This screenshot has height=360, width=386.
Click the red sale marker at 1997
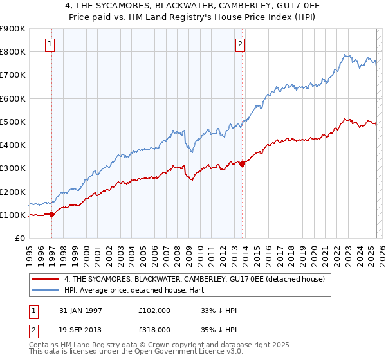pos(52,215)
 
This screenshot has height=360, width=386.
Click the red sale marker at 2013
pos(242,164)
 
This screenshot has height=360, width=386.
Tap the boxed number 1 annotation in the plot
pos(50,44)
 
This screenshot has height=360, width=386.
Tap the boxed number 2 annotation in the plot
pos(239,44)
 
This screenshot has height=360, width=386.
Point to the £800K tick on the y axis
pos(13,52)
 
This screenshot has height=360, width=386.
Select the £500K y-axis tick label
pos(13,122)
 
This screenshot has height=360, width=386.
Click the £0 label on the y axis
pos(19,239)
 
